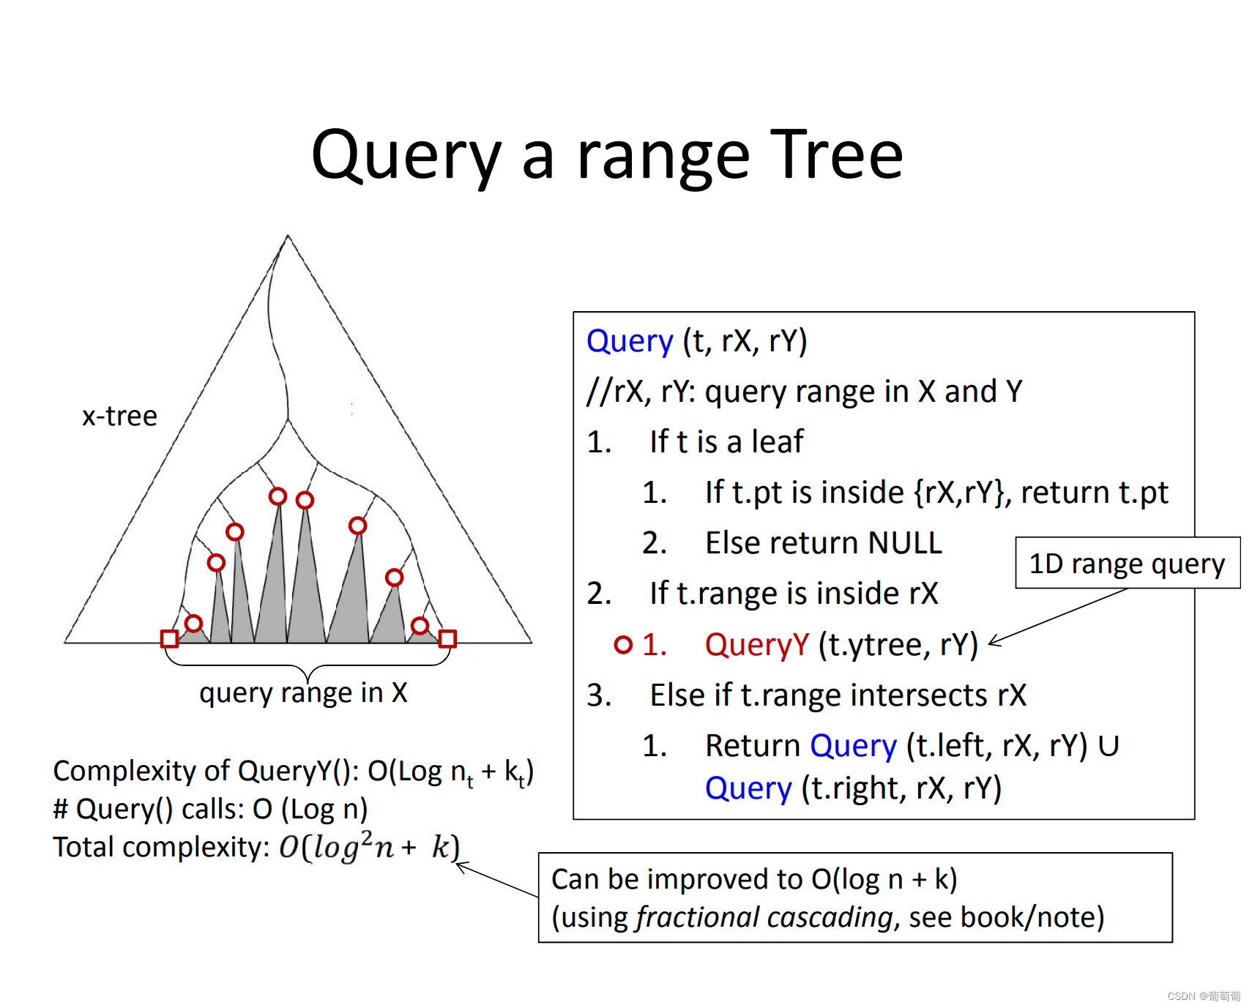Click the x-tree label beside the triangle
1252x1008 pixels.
coord(119,416)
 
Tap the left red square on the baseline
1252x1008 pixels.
coord(169,638)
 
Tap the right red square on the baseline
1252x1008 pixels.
coord(447,638)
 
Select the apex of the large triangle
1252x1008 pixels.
coord(288,236)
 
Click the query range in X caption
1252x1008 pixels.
coord(303,692)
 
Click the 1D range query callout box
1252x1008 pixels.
coord(1127,563)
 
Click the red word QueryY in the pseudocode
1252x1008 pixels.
coord(756,645)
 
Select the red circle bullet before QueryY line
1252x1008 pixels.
coord(623,644)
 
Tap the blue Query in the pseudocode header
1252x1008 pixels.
coord(630,341)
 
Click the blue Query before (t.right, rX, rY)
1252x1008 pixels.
coord(748,788)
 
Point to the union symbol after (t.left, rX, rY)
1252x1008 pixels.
coord(1108,746)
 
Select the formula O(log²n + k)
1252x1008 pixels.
coord(369,847)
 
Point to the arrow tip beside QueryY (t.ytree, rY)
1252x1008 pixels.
coord(991,643)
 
